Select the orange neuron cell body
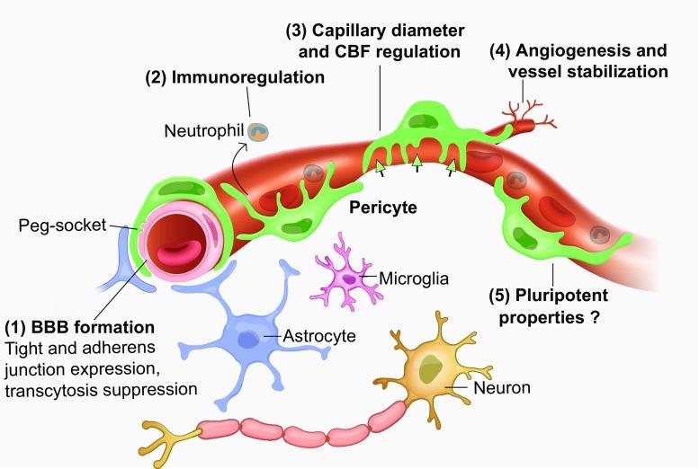pyautogui.click(x=431, y=367)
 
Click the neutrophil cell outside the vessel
pyautogui.click(x=258, y=133)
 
